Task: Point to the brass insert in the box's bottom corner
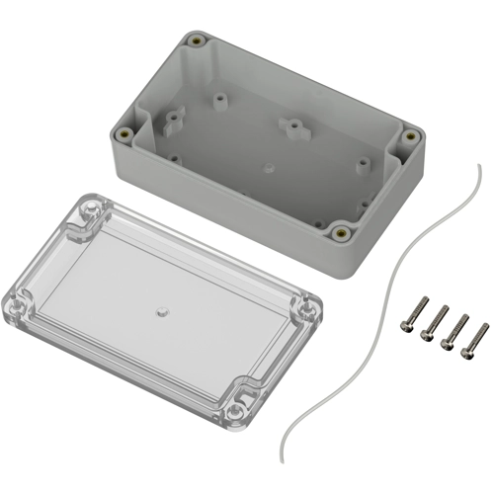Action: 342,233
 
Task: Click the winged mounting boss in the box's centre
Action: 291,126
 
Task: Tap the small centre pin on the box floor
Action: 268,169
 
